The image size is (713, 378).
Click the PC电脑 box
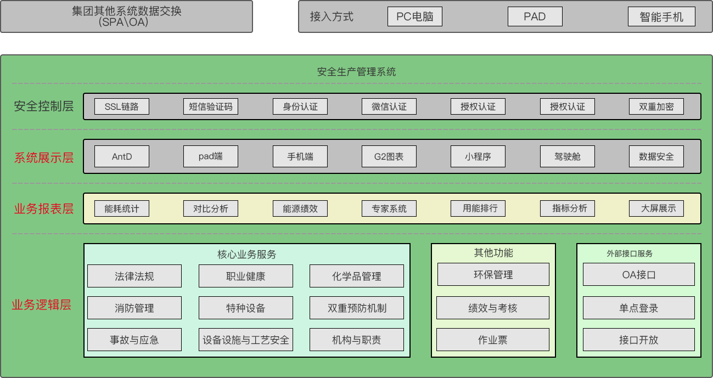414,16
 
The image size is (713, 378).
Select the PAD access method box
535,16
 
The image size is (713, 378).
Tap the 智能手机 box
661,16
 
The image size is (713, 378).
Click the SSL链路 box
121,106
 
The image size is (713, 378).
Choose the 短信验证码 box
211,106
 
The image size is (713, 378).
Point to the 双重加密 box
656,106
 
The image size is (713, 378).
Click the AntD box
122,156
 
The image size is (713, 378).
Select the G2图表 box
389,156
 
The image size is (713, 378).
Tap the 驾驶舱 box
567,156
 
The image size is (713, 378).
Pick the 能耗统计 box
122,208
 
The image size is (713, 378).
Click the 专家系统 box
389,208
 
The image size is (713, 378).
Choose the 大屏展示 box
656,208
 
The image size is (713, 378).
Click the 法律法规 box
134,276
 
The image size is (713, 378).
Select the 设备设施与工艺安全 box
245,340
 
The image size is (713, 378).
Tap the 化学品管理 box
357,276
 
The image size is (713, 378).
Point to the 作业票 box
493,340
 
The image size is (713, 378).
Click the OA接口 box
638,274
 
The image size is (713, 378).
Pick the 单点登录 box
638,308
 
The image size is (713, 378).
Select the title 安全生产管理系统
356,72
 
